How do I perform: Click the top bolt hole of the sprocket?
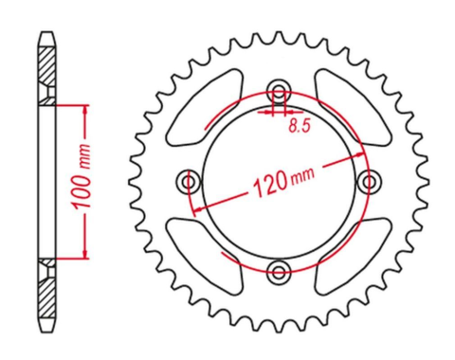coord(278,91)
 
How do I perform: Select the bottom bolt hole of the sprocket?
coord(278,273)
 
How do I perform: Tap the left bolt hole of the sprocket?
coord(188,181)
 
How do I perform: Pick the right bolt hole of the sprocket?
coord(369,181)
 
